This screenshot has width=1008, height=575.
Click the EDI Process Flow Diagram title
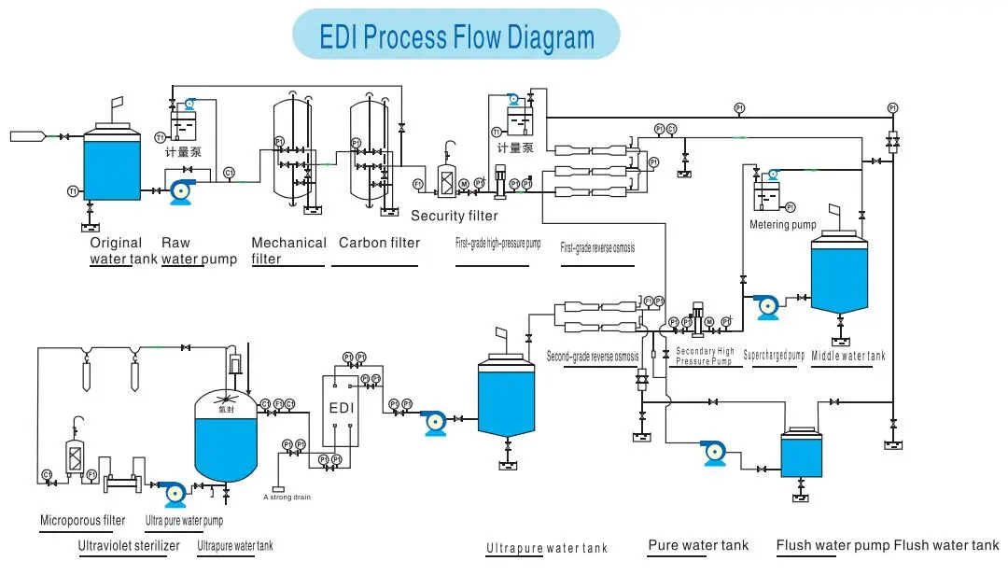coord(456,36)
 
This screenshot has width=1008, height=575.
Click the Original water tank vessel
coord(112,164)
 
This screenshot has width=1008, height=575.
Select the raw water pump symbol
coord(179,191)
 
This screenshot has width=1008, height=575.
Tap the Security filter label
coord(455,216)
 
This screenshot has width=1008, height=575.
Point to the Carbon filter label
coord(379,243)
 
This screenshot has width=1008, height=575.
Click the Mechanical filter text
coord(288,250)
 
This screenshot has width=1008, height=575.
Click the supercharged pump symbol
coord(767,305)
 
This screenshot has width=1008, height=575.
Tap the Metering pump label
coord(783,225)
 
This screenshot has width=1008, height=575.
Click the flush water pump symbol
coord(714,453)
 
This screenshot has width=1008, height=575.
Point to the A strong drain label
coord(287,498)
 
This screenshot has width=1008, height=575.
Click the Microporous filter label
coord(82,521)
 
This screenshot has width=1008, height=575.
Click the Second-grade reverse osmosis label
coord(593,357)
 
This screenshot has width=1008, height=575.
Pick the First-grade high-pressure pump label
coord(497,245)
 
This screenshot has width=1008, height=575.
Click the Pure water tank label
coord(698,545)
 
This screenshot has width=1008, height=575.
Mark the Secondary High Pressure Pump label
coord(705,357)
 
